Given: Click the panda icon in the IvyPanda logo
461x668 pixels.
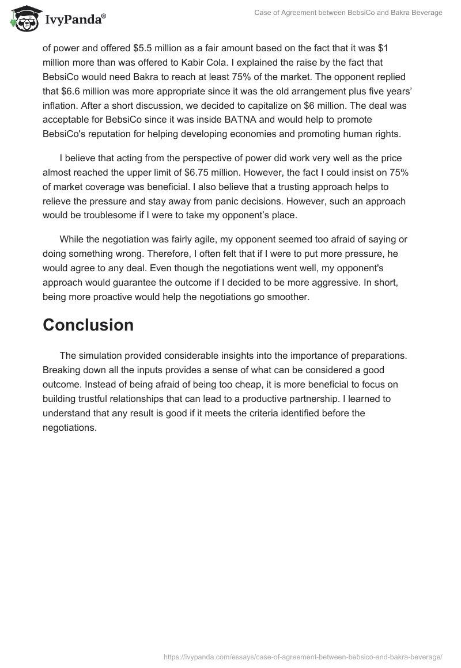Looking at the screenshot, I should click(22, 18).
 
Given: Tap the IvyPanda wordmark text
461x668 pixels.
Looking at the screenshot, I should click(75, 20).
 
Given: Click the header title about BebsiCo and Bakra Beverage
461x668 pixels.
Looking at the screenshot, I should click(348, 12).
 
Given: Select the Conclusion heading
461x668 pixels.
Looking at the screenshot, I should click(88, 325).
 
